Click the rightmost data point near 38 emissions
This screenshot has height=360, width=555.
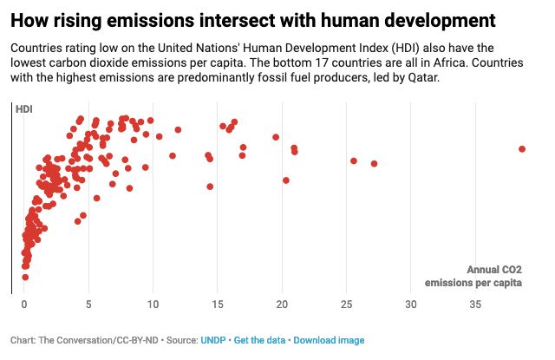click(x=522, y=149)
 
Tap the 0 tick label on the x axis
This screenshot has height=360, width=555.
click(x=24, y=304)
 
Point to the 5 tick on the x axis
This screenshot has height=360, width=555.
click(x=88, y=304)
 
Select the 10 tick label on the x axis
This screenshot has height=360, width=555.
click(x=153, y=304)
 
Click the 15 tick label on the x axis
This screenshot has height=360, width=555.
click(x=218, y=304)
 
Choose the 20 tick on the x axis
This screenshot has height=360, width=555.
click(x=282, y=304)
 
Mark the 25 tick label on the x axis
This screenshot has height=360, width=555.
click(x=347, y=304)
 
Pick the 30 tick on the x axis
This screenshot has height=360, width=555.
click(x=411, y=304)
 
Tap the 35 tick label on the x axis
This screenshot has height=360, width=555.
click(x=475, y=304)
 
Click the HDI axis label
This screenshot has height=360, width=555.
click(x=24, y=108)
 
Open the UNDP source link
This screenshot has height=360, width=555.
click(x=212, y=340)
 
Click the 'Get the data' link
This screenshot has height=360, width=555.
click(x=259, y=340)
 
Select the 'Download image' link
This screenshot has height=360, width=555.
click(x=329, y=340)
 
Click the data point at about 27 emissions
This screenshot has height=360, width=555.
click(x=375, y=163)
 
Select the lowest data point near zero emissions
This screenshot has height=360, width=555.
click(x=25, y=277)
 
